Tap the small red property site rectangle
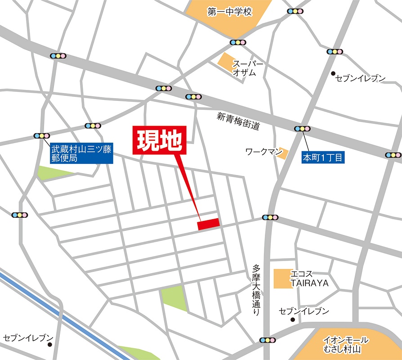point(208,224)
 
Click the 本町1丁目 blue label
point(322,157)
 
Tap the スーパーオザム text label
point(245,68)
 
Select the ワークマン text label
point(260,152)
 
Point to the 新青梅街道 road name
point(238,121)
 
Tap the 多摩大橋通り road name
point(256,290)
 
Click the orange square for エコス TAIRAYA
point(282,279)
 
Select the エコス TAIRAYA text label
point(310,279)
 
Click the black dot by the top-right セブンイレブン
point(333,73)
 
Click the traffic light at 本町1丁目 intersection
point(302,129)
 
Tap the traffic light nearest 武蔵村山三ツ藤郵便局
point(42,135)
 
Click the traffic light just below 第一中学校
point(237,43)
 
